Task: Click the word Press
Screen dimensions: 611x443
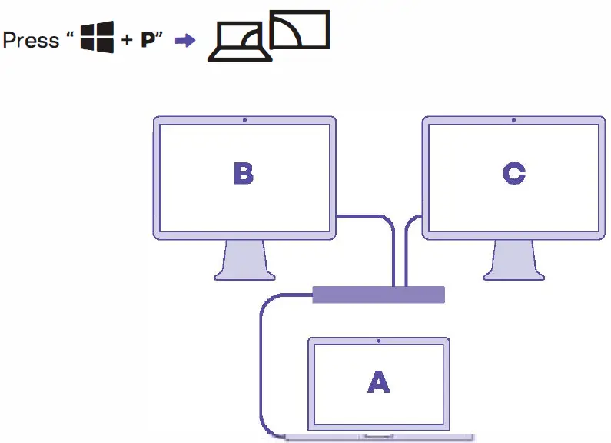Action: tap(32, 39)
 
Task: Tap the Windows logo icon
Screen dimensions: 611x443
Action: tap(98, 38)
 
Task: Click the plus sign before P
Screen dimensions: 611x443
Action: tap(127, 41)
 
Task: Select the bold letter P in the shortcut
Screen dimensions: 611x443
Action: tap(148, 40)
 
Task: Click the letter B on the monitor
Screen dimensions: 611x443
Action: tap(244, 174)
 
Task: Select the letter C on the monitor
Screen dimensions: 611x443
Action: tap(513, 174)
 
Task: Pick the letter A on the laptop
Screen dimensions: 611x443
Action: tap(377, 381)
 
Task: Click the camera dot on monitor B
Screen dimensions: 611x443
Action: tap(244, 120)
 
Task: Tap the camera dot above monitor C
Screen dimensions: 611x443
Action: tap(513, 120)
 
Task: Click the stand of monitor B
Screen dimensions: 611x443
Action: tap(244, 261)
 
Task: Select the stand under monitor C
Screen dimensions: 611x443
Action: tap(513, 261)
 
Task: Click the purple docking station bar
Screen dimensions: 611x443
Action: tap(378, 295)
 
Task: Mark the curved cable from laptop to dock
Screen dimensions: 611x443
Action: tap(261, 361)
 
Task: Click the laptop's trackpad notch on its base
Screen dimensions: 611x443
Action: tap(377, 438)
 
